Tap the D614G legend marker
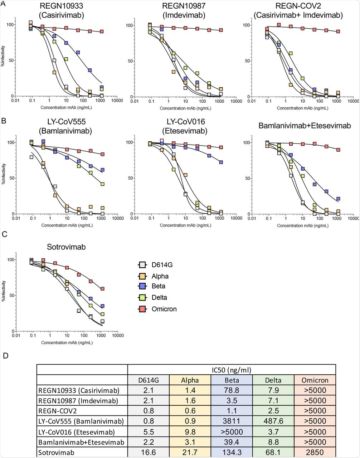(x=142, y=265)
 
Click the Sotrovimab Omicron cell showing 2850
(x=315, y=452)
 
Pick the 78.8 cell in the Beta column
(x=232, y=390)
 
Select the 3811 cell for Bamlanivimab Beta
(x=232, y=421)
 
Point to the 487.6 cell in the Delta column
(x=273, y=421)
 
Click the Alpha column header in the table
(x=190, y=380)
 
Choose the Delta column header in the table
(x=273, y=380)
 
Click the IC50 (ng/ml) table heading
(x=232, y=369)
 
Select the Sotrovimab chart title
(x=66, y=247)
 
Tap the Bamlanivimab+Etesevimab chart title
(x=305, y=126)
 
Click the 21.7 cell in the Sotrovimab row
(x=190, y=452)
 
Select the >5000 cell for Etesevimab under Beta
(x=232, y=432)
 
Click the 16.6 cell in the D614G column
(x=149, y=452)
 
